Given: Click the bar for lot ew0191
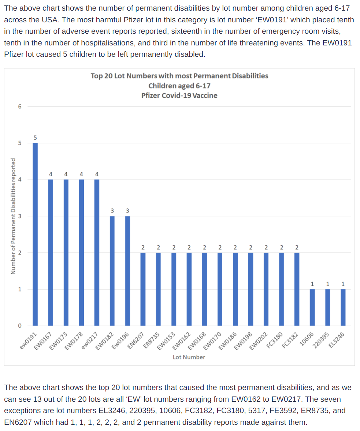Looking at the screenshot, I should (35, 234).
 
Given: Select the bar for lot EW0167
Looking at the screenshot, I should (51, 253).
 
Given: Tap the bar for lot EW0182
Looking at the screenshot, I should (112, 271).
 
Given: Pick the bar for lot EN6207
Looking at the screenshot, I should (143, 289).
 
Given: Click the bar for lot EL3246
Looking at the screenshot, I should (343, 308).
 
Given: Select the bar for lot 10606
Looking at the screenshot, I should (312, 308).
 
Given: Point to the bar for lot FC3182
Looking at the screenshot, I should (297, 289).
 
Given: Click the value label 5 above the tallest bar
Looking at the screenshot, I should (35, 138).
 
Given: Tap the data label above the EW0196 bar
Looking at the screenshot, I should (127, 211).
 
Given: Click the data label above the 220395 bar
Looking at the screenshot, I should (327, 284).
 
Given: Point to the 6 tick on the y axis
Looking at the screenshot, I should (20, 107).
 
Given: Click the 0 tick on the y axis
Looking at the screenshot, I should (20, 326).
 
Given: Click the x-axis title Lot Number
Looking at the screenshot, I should (189, 357).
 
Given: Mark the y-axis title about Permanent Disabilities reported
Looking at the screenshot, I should (13, 216).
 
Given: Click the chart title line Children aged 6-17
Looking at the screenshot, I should (179, 86).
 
